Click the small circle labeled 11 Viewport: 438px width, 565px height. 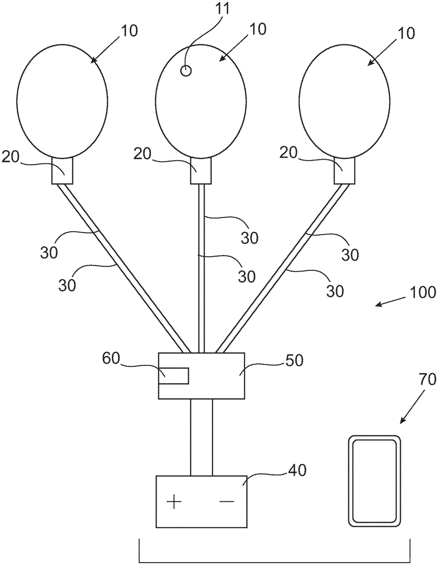coord(186,71)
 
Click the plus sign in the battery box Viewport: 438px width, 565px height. coord(174,502)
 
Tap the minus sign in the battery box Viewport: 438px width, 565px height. coord(227,502)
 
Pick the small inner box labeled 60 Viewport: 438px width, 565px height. coord(174,376)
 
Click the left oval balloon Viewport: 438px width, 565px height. coord(62,103)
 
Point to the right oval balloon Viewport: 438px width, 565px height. coord(344,103)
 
